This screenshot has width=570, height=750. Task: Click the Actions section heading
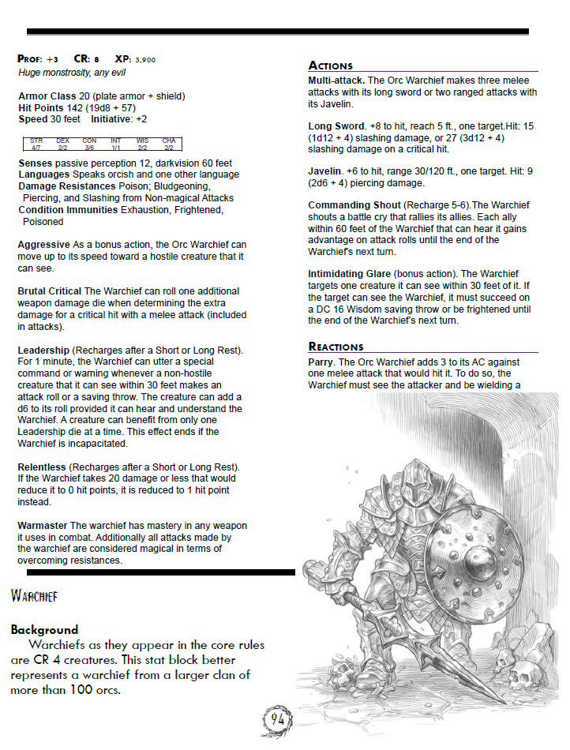click(331, 66)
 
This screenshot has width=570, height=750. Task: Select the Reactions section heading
click(336, 347)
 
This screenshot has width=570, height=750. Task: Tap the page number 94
click(277, 720)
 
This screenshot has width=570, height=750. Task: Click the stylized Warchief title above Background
click(35, 595)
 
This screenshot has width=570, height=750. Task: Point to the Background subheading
click(44, 630)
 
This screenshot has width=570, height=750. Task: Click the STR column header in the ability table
click(36, 141)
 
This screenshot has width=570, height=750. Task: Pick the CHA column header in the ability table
click(169, 141)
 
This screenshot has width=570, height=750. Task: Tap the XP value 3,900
click(145, 60)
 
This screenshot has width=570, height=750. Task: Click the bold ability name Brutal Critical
click(50, 291)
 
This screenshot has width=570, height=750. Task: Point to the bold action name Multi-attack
click(336, 81)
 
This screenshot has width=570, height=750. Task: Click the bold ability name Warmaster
click(43, 526)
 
